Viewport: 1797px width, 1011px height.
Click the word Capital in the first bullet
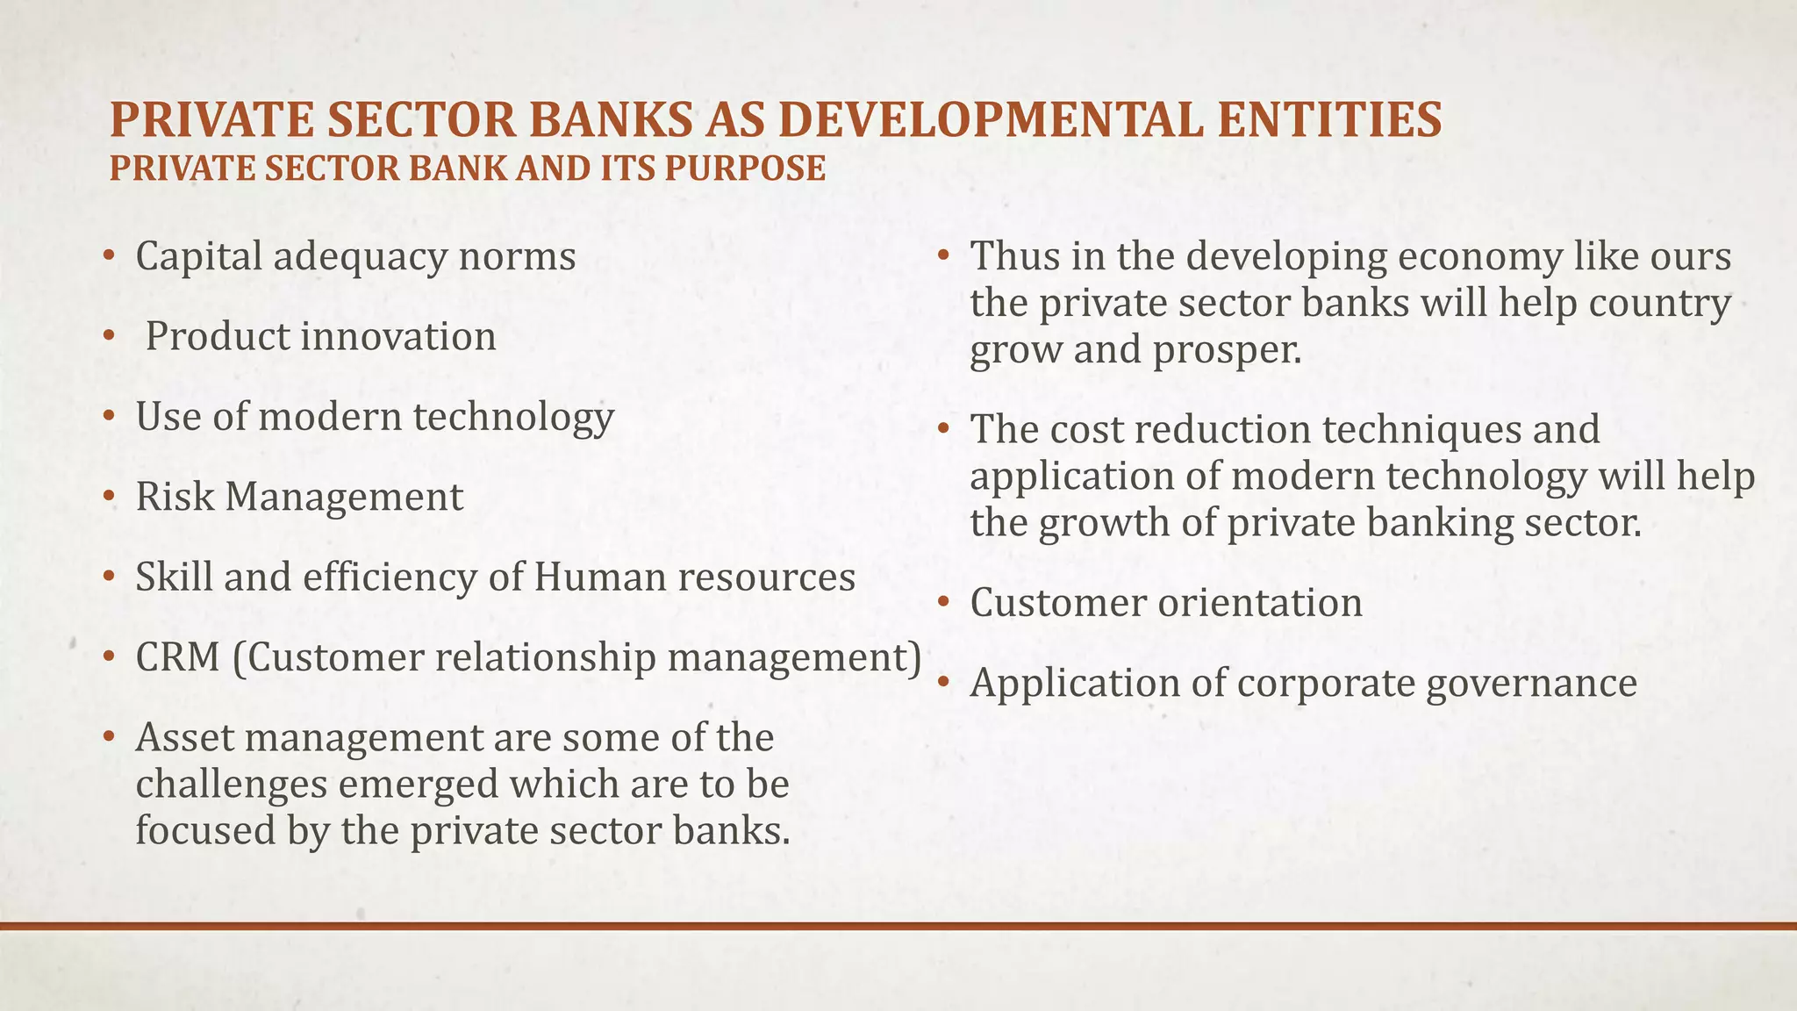pos(199,256)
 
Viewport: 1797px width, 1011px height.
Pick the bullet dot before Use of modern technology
pos(108,417)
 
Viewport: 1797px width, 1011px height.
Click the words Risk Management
pos(299,497)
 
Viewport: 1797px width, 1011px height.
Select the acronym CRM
pos(177,657)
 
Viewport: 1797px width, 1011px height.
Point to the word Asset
pos(183,737)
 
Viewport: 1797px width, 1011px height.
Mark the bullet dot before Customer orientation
pos(942,603)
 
